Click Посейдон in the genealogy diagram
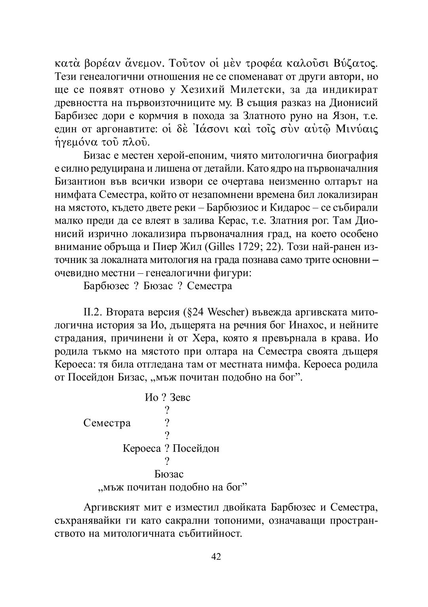[196, 449]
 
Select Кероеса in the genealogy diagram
[142, 449]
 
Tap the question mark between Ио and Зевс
[164, 397]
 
